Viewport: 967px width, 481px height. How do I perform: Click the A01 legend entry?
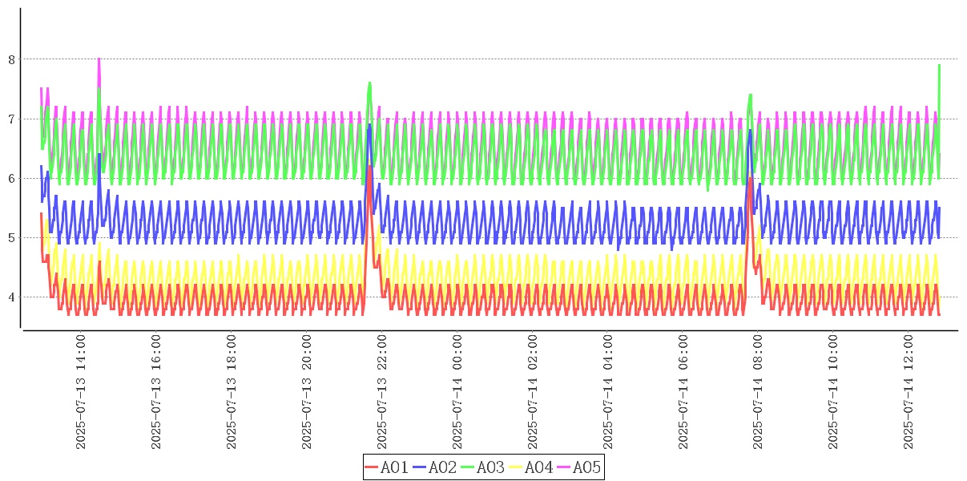point(387,467)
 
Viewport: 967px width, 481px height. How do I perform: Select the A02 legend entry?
point(435,467)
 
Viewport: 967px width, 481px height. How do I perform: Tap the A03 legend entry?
point(483,467)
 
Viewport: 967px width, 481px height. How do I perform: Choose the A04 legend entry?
point(531,467)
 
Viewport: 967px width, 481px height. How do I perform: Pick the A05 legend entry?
point(579,467)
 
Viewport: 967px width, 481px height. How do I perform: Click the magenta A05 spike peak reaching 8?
point(99,59)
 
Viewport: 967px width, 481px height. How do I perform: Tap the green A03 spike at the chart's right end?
point(938,66)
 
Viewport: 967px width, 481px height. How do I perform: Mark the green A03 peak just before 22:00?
point(369,83)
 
